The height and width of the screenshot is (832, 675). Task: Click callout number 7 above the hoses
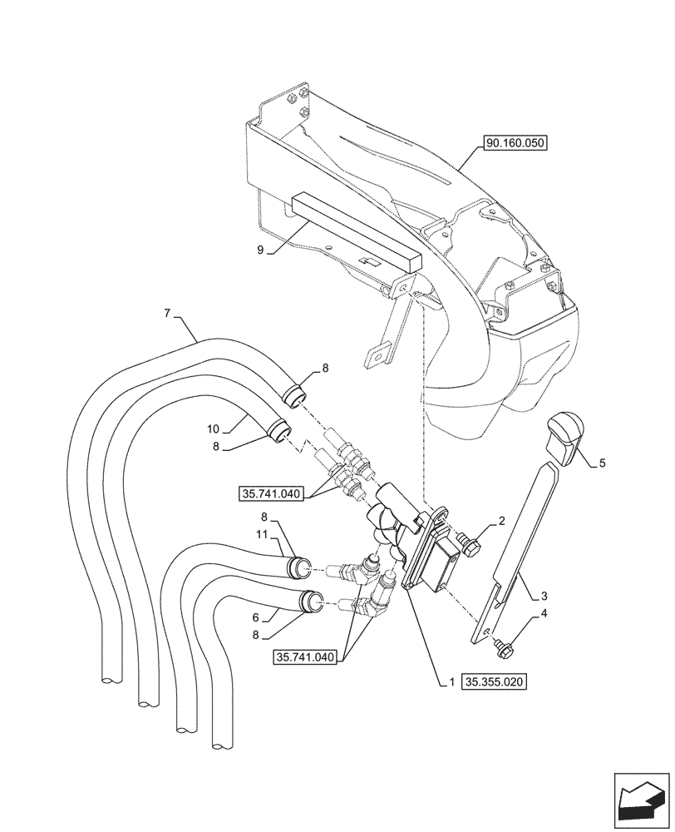[167, 314]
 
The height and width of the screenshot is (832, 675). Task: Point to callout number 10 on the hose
[213, 429]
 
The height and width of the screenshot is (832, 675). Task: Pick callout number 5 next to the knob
[602, 464]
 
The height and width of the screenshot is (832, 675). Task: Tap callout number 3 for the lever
[543, 596]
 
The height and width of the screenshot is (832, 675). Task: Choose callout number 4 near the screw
[543, 614]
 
